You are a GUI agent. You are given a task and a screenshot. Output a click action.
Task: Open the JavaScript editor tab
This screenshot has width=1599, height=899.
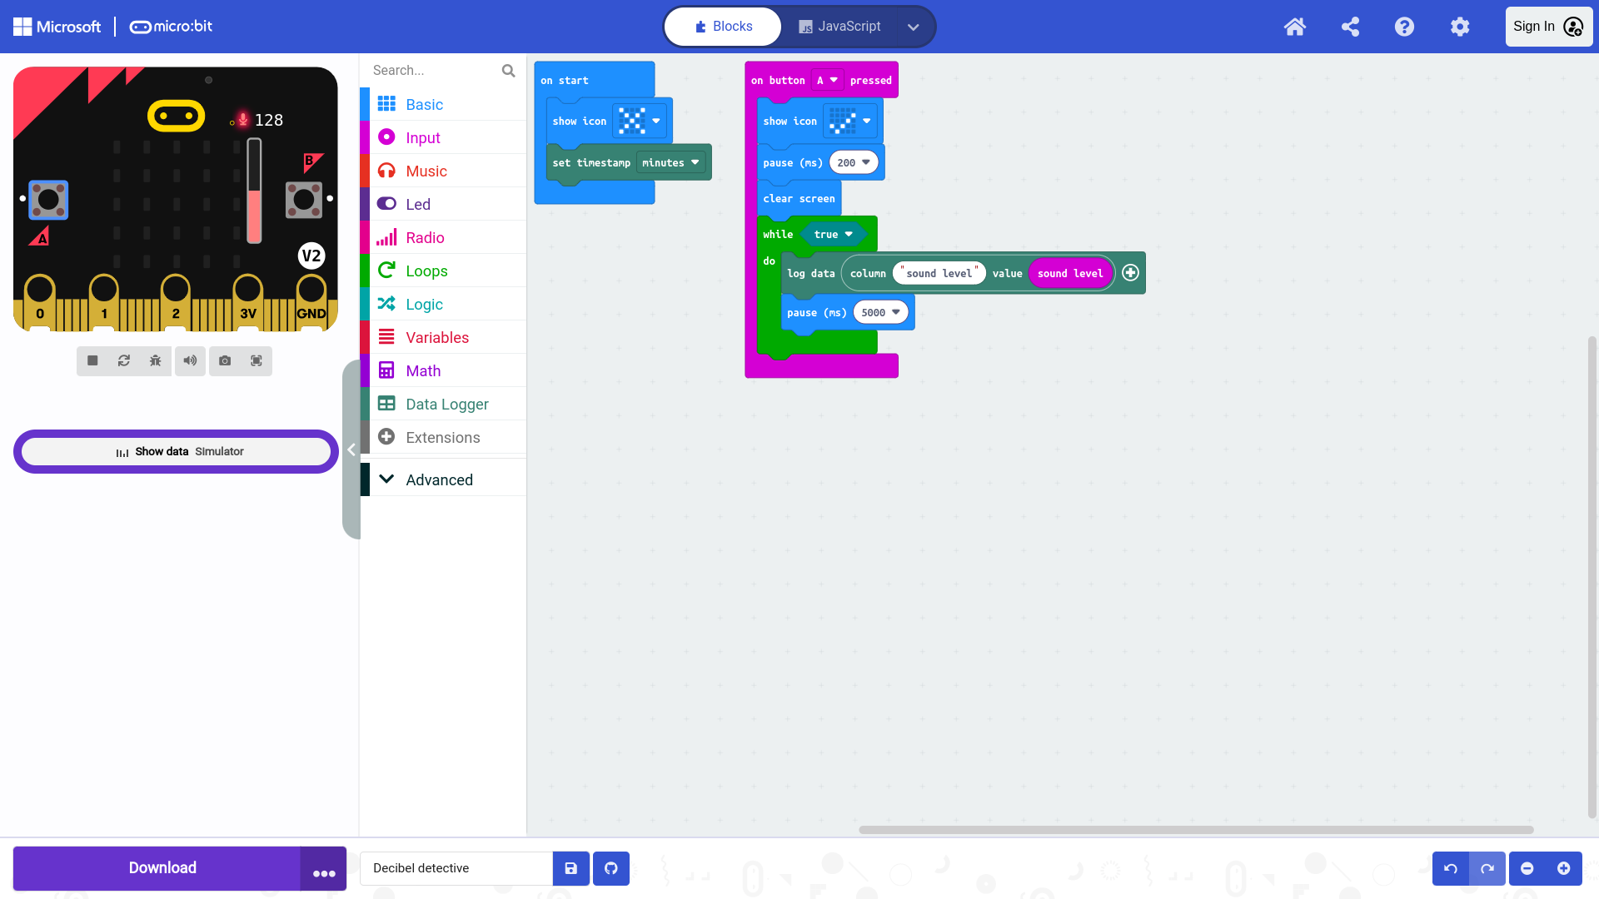(839, 27)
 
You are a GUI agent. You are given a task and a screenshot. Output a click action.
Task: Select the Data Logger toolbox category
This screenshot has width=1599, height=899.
(446, 404)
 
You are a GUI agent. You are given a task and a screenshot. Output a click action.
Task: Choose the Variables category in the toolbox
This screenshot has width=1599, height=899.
(436, 337)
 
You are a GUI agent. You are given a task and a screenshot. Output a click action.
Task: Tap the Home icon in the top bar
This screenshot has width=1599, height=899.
(1294, 27)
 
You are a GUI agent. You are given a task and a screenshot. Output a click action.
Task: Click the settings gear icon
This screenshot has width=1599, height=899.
(1460, 27)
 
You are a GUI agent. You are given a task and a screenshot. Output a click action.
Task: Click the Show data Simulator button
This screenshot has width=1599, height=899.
(176, 451)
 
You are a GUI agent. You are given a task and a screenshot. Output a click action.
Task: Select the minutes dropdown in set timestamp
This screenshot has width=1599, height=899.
(670, 163)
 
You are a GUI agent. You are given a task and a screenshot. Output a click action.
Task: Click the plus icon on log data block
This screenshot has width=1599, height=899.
(1130, 273)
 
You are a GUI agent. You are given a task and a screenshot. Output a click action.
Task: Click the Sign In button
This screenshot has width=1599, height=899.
(1548, 27)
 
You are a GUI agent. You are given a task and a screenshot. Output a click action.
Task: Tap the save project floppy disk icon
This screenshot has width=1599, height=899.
(571, 868)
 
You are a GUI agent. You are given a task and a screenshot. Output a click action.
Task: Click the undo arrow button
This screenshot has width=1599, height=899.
(1451, 868)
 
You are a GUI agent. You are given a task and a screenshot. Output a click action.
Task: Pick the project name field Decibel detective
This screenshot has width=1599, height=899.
(456, 868)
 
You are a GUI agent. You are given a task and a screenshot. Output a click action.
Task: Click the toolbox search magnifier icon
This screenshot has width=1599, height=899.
(508, 71)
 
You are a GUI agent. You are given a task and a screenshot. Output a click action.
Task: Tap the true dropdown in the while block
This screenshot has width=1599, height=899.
(833, 235)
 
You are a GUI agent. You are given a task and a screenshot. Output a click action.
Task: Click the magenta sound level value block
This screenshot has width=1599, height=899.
(1070, 273)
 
